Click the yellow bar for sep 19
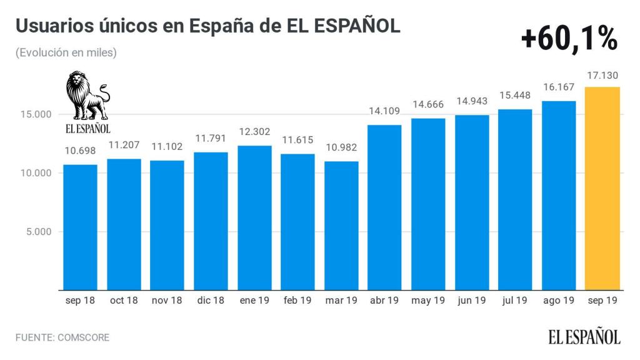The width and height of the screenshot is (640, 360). [602, 188]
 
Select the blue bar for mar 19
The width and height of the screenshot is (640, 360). [341, 226]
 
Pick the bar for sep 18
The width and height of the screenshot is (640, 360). [80, 227]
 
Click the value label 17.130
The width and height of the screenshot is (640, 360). [602, 76]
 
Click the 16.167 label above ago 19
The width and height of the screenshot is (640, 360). [559, 88]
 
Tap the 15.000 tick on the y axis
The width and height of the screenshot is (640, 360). [35, 115]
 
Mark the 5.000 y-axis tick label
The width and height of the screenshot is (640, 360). [37, 232]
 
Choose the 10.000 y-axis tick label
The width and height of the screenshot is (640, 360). [35, 173]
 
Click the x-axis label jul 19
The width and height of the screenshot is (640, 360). [515, 301]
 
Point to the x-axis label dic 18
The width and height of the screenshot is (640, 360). [211, 301]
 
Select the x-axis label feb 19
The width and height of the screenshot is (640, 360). [297, 301]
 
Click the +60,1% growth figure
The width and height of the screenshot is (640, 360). [569, 39]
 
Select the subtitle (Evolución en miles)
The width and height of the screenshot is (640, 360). [66, 53]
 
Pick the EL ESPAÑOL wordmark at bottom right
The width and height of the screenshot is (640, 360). [585, 337]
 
